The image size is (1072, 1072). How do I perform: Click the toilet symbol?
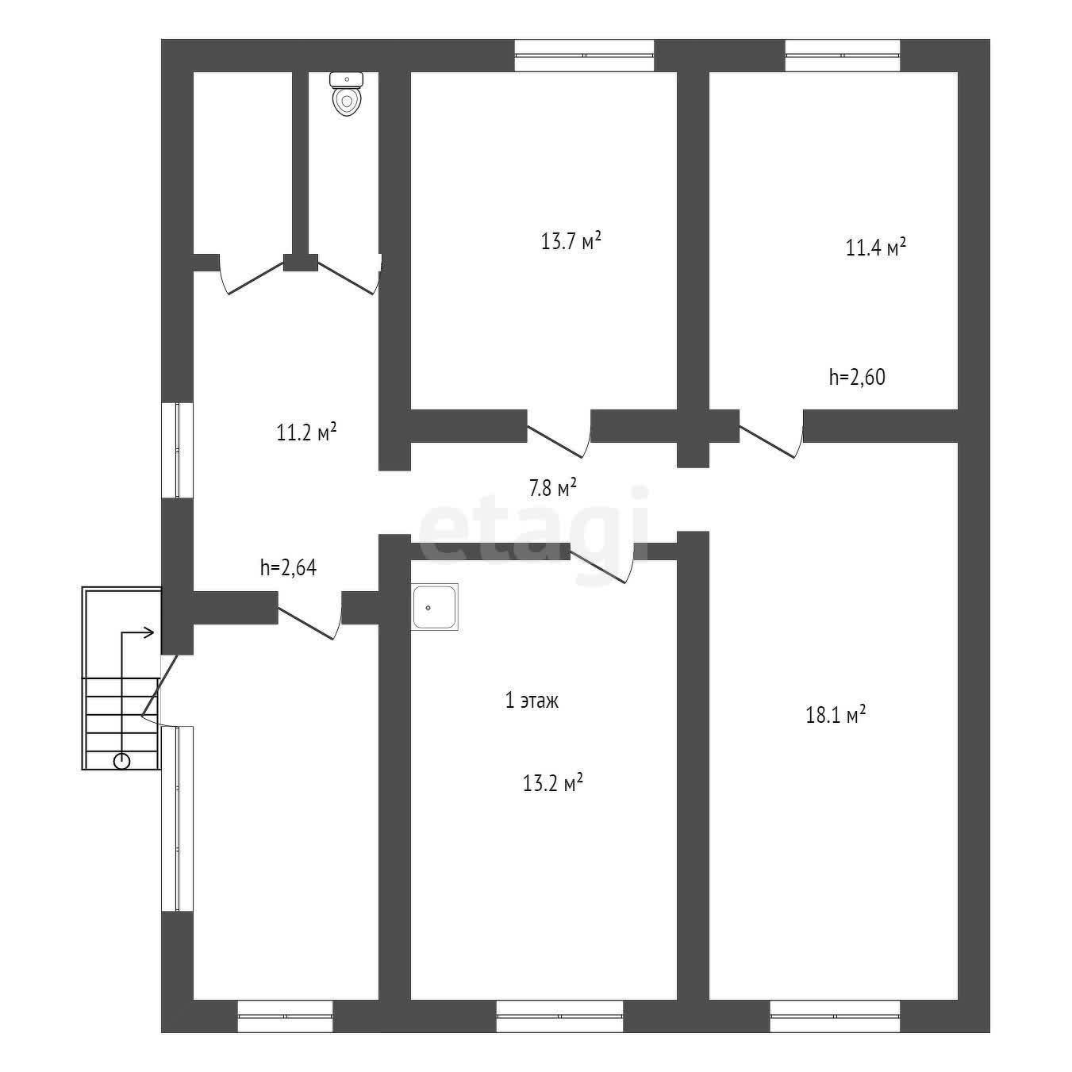pos(347,94)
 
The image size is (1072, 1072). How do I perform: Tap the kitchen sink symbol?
pos(435,607)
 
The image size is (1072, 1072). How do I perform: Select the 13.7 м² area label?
pos(571,241)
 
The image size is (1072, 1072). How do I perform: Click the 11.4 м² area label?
pos(876,247)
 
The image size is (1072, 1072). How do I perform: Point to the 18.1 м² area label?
pos(836,713)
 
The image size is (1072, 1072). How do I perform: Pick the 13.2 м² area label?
pos(552,782)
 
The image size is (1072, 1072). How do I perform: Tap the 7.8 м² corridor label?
pos(551,488)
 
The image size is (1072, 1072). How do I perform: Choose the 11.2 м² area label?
pos(306,432)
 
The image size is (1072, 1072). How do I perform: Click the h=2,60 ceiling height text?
pos(857,377)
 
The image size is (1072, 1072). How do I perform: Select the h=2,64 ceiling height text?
pos(288,567)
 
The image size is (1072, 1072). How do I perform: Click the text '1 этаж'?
pos(532,701)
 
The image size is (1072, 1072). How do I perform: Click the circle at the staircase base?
pos(122,761)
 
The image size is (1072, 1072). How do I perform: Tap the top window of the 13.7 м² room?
pos(584,56)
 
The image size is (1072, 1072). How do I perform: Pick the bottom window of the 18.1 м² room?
pos(835,1016)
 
